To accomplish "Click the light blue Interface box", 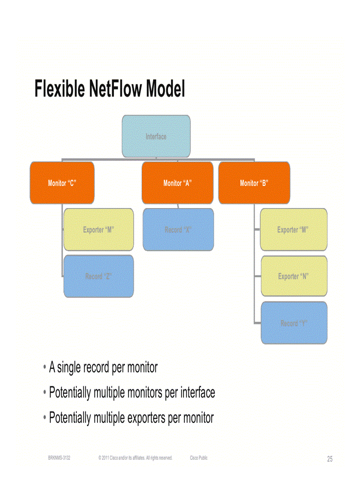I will [x=156, y=136].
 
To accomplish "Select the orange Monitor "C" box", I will [x=62, y=183].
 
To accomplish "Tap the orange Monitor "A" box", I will [x=177, y=183].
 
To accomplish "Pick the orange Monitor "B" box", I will [x=254, y=183].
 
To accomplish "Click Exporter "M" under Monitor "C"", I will [x=99, y=230].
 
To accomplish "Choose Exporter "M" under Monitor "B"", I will [x=293, y=230].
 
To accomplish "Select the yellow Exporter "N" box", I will [x=293, y=276].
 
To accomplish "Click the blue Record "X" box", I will [x=178, y=230].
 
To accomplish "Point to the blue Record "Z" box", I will [x=99, y=276].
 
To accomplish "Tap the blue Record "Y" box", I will [x=294, y=323].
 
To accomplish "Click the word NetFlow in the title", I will [x=116, y=89].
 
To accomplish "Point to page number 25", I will [x=330, y=459].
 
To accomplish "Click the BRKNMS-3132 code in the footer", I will [x=59, y=458].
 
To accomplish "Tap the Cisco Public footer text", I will [x=199, y=458].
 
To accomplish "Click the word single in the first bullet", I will [x=71, y=367].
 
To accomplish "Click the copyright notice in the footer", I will [x=135, y=458].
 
